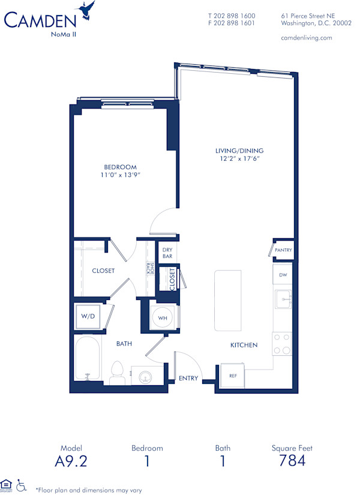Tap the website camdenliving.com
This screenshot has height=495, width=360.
[306, 37]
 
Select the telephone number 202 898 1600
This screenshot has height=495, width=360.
[231, 16]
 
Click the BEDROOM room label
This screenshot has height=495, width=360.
[121, 167]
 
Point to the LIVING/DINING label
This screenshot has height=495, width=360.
[239, 151]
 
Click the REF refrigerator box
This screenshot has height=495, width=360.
[233, 376]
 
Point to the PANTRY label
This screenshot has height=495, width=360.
[283, 250]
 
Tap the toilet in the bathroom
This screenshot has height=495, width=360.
[118, 372]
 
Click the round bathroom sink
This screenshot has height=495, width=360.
[143, 377]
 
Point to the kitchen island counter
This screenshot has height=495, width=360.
[228, 300]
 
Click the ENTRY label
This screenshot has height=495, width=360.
[188, 378]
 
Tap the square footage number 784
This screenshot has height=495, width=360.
[292, 461]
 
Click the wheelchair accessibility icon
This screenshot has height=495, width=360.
[22, 484]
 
